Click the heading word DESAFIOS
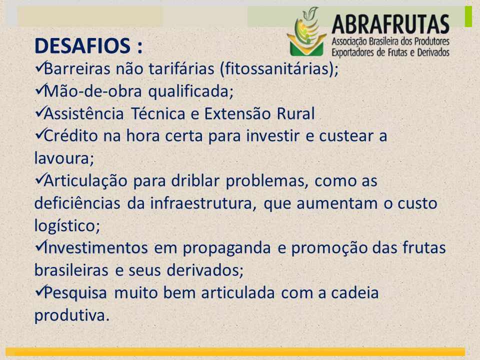[82, 46]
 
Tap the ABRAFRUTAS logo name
[390, 24]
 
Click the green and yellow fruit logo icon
[306, 31]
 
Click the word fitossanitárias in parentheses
[276, 68]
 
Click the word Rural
[295, 113]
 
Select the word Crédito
[70, 135]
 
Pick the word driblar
[195, 180]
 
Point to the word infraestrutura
[201, 203]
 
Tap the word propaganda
[227, 248]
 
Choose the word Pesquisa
[75, 293]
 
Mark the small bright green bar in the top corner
[468, 16]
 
